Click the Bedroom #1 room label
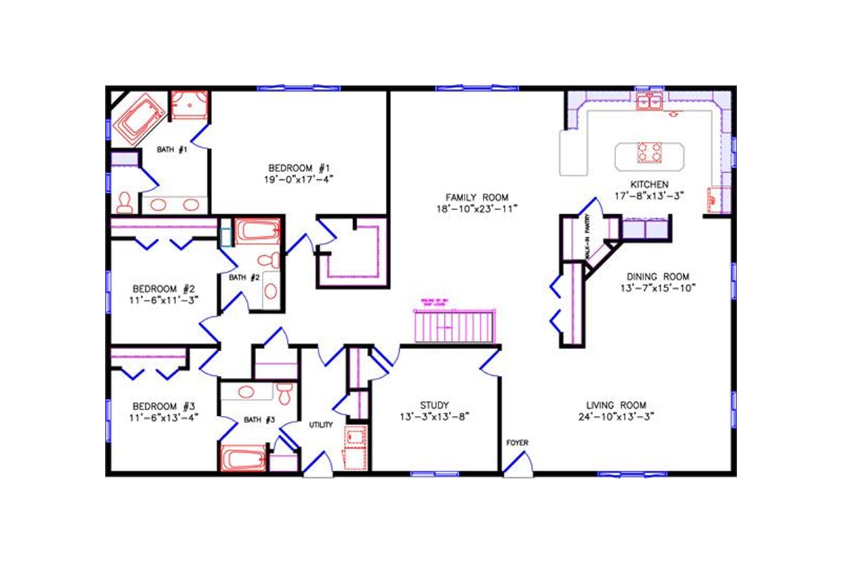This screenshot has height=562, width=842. click(x=300, y=167)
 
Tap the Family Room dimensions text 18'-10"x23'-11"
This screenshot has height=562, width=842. click(x=476, y=209)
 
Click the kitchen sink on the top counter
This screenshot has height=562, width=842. click(x=650, y=103)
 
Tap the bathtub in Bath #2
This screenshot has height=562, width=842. click(x=257, y=231)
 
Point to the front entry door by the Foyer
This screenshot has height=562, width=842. click(x=519, y=464)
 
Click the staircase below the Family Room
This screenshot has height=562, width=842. click(x=456, y=326)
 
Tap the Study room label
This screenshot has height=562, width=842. click(x=434, y=405)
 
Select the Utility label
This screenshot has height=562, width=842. click(x=321, y=425)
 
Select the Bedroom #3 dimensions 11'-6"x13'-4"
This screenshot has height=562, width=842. click(x=163, y=417)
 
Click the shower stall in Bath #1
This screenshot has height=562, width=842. click(x=190, y=105)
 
